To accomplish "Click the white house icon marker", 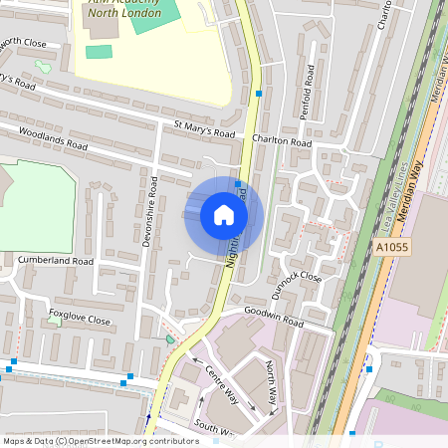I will click(224, 214).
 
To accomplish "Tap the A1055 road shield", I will click(392, 247).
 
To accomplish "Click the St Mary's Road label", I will click(204, 129).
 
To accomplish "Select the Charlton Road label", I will click(282, 142).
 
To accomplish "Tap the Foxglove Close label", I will click(80, 320).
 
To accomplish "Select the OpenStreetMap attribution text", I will click(100, 440).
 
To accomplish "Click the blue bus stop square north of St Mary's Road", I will click(259, 94).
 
